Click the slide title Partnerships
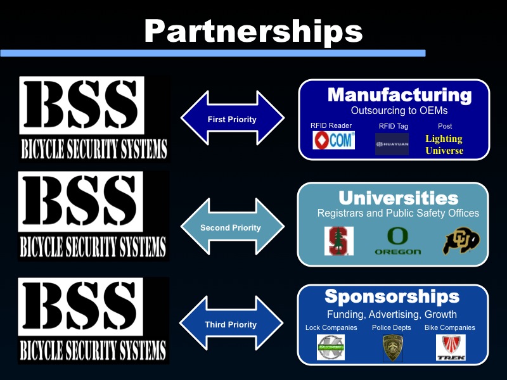[253, 30]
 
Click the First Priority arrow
[232, 118]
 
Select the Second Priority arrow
[231, 227]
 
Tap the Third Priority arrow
[231, 324]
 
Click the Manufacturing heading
[399, 96]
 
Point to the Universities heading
[398, 198]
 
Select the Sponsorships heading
[392, 296]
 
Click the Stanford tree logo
[336, 241]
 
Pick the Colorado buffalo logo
[461, 241]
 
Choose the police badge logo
[392, 348]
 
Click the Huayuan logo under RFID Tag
[392, 144]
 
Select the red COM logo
[333, 140]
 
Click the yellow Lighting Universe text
[444, 144]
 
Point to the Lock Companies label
[331, 327]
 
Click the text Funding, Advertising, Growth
[392, 314]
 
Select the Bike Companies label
[450, 327]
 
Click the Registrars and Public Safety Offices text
[398, 213]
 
